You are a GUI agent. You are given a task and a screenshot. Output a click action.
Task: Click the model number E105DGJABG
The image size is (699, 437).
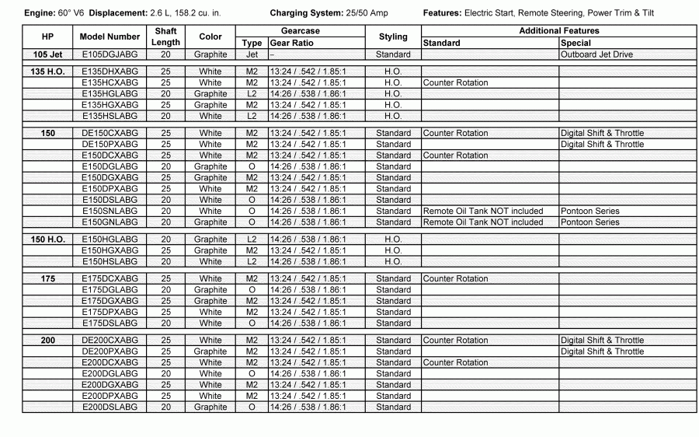pos(110,55)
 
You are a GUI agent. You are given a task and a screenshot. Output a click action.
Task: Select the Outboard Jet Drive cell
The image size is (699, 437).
pos(596,55)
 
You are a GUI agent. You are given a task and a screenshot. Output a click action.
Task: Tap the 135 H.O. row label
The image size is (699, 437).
pos(47,72)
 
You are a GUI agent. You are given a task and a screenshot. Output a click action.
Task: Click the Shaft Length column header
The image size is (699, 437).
pos(165,37)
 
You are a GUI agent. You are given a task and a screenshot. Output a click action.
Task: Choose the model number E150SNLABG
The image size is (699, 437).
pos(110,212)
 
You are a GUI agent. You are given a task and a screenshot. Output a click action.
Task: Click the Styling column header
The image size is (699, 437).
pos(393,37)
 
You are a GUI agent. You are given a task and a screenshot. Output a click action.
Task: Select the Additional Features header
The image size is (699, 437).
pos(558,31)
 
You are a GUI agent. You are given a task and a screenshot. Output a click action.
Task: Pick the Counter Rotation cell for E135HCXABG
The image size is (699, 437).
pos(456,82)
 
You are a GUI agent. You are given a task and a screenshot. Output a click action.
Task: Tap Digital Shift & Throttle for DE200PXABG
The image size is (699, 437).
pos(602,351)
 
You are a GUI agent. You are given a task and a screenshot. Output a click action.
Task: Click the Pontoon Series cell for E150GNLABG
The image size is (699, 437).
pos(590,222)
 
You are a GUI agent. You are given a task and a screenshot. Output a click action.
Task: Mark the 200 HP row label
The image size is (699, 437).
pos(47,341)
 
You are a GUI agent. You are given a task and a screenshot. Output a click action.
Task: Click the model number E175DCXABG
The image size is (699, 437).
pos(110,278)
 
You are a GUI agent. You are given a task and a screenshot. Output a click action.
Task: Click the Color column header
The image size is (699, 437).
pos(210,37)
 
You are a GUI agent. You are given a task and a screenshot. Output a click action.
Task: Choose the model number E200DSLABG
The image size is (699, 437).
pos(110,407)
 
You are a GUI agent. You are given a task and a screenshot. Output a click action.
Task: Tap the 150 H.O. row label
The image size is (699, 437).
pos(47,239)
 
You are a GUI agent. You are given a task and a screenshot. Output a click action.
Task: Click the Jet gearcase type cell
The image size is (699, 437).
pos(252,55)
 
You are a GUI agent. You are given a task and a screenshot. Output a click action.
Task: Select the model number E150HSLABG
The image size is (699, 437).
pos(110,262)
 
